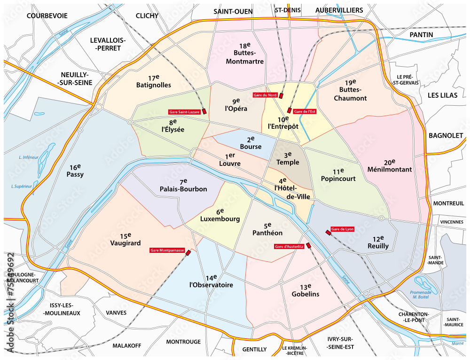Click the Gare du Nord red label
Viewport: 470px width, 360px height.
point(265,95)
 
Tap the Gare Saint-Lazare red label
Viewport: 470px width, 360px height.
point(184,112)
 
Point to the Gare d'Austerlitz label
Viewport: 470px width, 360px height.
point(289,246)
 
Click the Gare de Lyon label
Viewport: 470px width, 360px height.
point(343,229)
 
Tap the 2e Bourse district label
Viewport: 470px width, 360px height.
point(251,143)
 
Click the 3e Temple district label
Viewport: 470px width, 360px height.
point(287,158)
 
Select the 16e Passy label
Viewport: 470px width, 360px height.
point(75,170)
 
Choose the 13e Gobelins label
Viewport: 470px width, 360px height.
point(305,290)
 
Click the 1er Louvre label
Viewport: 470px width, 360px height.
point(230,160)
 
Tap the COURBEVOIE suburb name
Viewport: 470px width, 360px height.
point(47,16)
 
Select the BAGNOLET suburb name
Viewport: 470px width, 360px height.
point(446,135)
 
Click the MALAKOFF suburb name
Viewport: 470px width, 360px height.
point(126,345)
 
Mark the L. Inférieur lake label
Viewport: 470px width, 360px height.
point(28,157)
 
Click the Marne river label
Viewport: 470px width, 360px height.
point(457,344)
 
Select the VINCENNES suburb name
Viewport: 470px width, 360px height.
point(452,222)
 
